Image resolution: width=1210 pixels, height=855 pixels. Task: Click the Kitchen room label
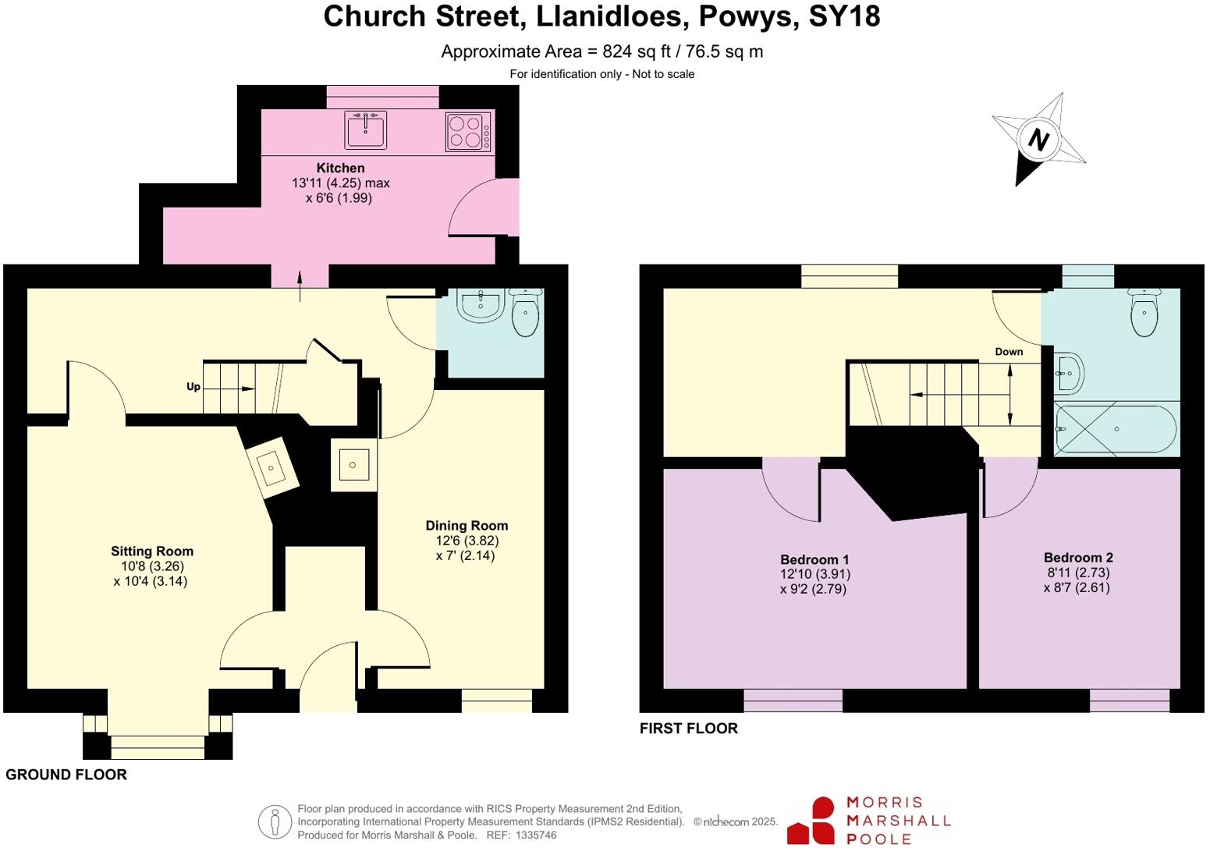click(x=340, y=168)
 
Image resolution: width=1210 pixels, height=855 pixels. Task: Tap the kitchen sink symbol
click(x=365, y=129)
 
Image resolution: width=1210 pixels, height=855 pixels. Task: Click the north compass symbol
click(x=1038, y=140)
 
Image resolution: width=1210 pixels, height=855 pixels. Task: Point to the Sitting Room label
click(x=151, y=552)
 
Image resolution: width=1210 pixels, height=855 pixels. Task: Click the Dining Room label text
click(x=466, y=526)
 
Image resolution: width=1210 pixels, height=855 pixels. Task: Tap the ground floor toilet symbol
click(x=526, y=312)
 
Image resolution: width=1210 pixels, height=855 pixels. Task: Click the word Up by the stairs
click(x=193, y=387)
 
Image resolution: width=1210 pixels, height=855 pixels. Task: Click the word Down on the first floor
click(x=1008, y=352)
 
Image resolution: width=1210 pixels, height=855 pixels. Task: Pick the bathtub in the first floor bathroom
click(x=1116, y=429)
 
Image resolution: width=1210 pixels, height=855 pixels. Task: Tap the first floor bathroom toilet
click(x=1144, y=310)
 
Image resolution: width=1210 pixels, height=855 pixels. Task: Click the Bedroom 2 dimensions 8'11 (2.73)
click(x=1077, y=573)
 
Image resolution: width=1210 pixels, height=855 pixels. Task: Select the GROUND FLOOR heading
click(x=66, y=775)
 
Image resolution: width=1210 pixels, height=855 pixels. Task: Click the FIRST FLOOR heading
click(x=688, y=729)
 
